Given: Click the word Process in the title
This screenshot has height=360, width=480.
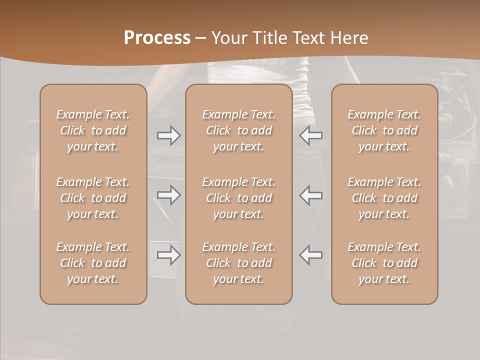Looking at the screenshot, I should tap(157, 38).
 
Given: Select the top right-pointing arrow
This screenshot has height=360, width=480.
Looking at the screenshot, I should tap(169, 135).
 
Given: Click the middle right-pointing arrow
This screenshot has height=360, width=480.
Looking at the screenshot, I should tap(169, 195).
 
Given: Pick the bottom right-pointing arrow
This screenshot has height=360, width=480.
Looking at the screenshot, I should tap(169, 255).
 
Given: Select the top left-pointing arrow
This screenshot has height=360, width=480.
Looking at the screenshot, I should tap(311, 135).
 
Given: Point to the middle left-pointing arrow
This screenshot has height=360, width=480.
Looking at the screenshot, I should tap(311, 195).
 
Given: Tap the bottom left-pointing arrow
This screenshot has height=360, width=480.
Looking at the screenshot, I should tap(311, 255).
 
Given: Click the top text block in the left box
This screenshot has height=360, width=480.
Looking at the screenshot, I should tap(93, 130).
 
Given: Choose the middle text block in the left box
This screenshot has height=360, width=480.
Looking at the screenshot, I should tap(93, 198).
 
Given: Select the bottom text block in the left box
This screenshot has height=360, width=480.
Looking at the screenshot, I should tap(93, 263).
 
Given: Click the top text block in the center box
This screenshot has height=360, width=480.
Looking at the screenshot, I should tap(239, 130).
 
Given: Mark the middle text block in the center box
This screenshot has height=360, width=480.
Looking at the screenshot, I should tap(239, 198).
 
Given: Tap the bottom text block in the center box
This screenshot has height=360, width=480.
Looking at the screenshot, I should tap(239, 263).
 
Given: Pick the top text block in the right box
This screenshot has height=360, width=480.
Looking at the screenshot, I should tap(384, 130).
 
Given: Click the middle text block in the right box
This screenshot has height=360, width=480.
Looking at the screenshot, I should tap(384, 198).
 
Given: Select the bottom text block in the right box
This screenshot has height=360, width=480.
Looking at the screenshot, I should tap(384, 263).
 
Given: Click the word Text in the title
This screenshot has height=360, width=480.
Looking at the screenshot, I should tap(308, 38).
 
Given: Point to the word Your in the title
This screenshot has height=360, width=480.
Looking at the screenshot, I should tap(228, 38).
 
